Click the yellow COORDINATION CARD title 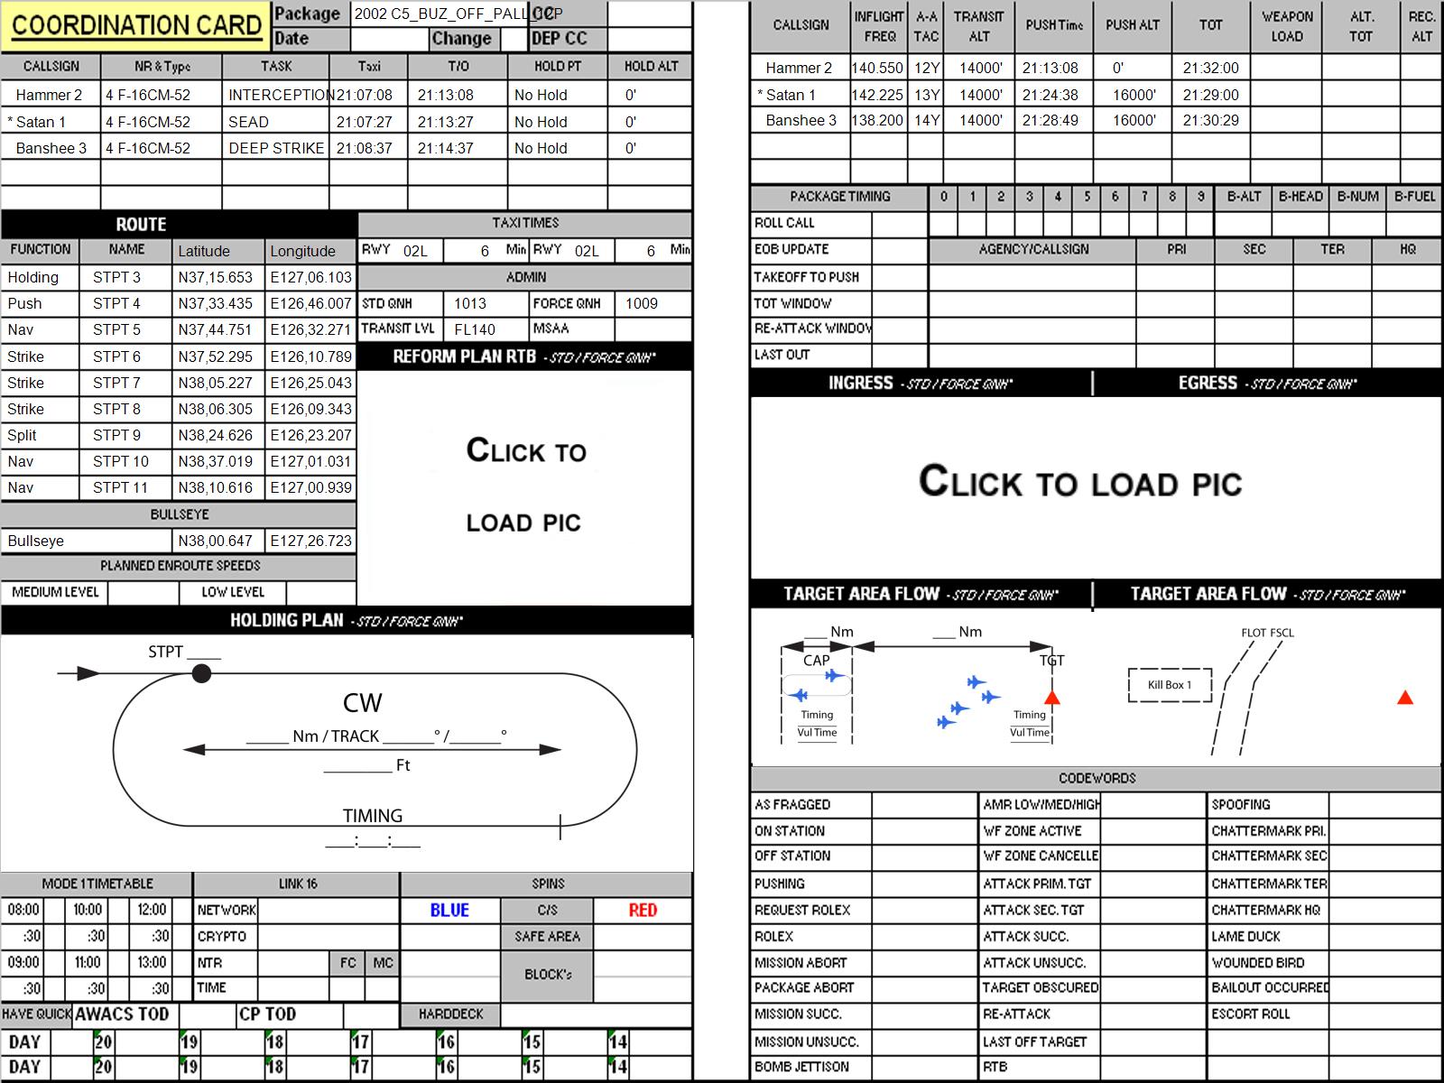click(136, 25)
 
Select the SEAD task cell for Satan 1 click(249, 123)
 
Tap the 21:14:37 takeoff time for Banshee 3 click(445, 149)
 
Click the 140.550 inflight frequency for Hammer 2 click(877, 68)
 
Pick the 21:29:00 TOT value click(1210, 95)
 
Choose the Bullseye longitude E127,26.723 click(310, 541)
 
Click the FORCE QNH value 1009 click(642, 303)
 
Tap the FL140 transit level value click(475, 329)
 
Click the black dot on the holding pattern click(201, 673)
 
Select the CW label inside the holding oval click(362, 703)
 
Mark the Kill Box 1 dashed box click(1170, 685)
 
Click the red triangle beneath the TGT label click(1052, 698)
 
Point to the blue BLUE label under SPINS click(449, 910)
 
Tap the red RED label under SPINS click(643, 910)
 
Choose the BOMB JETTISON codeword click(801, 1067)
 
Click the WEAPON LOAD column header click(1287, 26)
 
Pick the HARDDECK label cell click(450, 1014)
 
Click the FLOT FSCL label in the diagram click(1267, 633)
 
